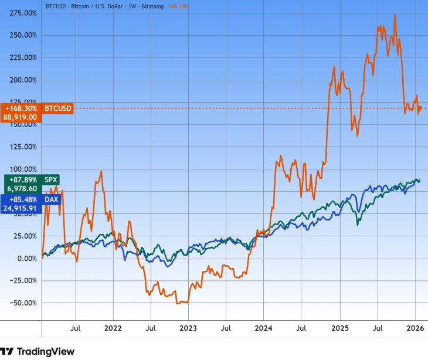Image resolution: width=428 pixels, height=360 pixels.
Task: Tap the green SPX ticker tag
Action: coord(52,179)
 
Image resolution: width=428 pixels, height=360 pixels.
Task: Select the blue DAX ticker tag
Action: coord(52,199)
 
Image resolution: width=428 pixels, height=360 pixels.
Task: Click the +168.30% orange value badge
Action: coord(21,108)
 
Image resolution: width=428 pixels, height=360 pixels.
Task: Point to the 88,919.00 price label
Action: coord(21,117)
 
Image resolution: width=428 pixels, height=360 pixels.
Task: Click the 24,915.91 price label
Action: coord(21,208)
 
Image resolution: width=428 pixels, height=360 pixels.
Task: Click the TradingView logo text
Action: coord(46,351)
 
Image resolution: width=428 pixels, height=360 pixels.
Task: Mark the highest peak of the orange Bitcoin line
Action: coord(395,15)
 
